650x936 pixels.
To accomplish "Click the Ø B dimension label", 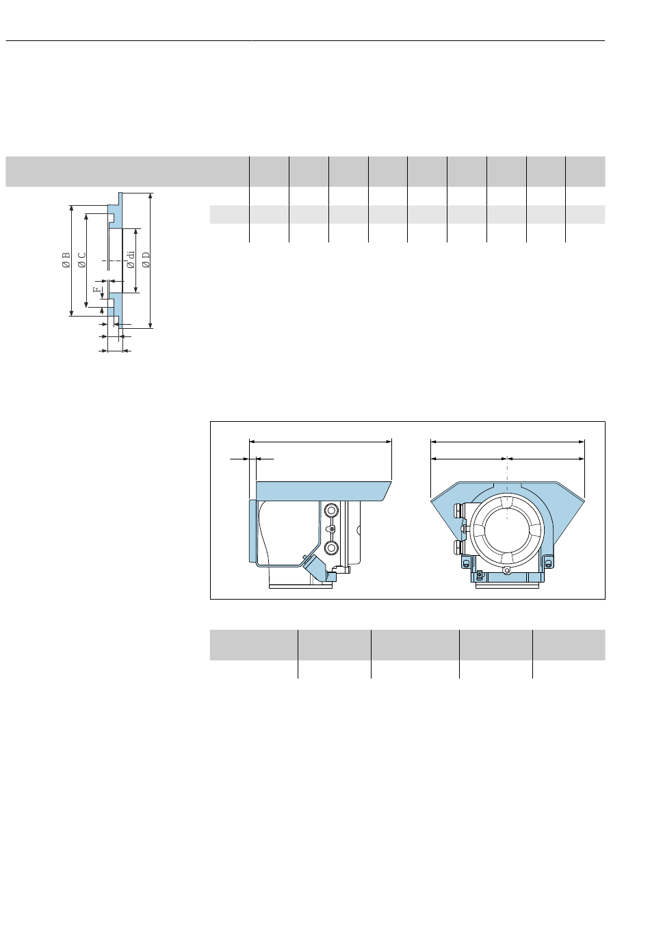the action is (x=66, y=260).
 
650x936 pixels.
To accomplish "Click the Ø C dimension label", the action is (x=82, y=260).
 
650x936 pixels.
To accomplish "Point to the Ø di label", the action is (x=131, y=260).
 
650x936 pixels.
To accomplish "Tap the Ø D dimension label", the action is (x=146, y=260).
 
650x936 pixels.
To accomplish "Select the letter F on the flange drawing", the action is (x=97, y=289).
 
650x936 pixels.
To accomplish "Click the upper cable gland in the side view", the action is (x=331, y=510).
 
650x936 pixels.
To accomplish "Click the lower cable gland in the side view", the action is (x=331, y=548).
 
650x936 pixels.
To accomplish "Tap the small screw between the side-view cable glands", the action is (x=332, y=529).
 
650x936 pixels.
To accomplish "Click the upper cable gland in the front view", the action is (x=459, y=511).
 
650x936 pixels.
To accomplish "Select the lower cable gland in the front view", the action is (x=459, y=547).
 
